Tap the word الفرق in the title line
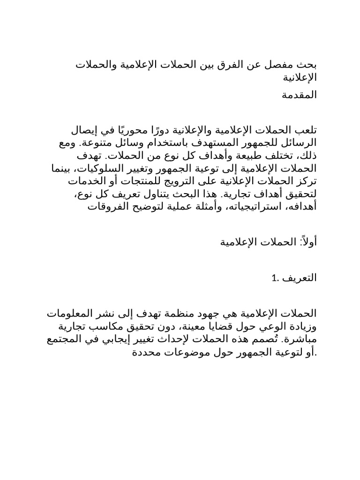tap(232, 65)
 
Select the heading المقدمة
tap(299, 95)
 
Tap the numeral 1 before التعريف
tap(273, 278)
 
